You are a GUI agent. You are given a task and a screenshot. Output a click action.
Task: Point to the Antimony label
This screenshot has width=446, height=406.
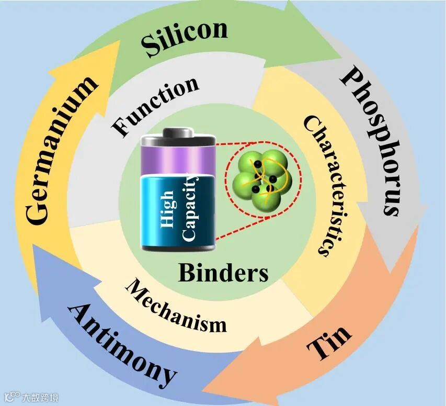(122, 345)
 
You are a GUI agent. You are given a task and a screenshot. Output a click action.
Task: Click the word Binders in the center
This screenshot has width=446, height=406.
(223, 272)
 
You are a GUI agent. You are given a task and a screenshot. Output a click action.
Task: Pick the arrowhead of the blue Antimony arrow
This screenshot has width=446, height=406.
(37, 251)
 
